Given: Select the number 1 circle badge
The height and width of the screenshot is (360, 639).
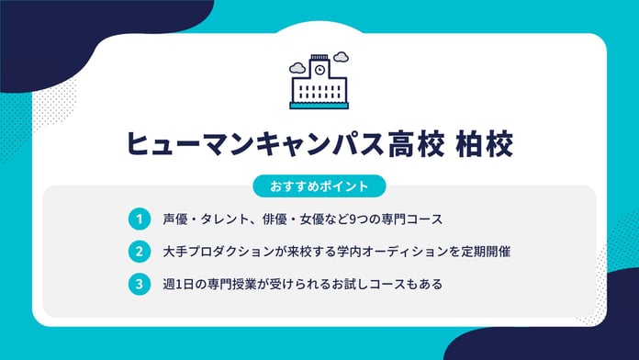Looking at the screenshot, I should click(x=138, y=219).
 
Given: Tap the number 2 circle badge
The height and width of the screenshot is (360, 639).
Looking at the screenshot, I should click(x=138, y=252).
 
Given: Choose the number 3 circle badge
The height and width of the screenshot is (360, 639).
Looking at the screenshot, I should click(x=138, y=284).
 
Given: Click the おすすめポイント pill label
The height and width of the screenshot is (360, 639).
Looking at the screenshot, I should click(x=319, y=186).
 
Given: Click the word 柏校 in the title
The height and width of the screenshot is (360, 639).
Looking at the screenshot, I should click(x=485, y=145).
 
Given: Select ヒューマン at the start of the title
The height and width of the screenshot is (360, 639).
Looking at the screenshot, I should click(x=178, y=145).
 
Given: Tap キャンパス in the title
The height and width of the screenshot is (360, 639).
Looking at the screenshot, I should click(x=304, y=145).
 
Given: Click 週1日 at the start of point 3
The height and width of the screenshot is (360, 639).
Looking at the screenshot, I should click(x=171, y=284).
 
